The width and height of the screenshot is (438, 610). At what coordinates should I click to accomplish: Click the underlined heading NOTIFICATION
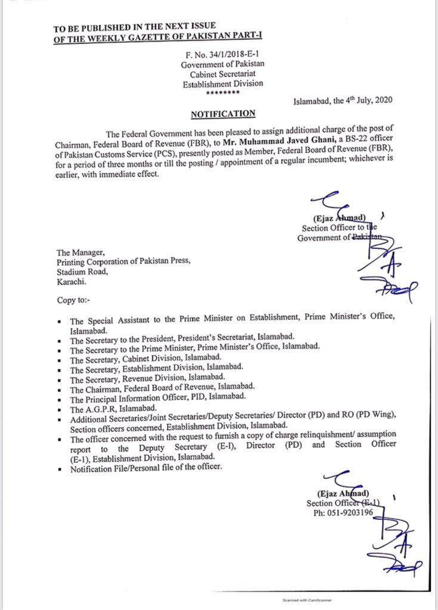click(223, 113)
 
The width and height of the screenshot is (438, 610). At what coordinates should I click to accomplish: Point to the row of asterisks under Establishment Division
click(222, 93)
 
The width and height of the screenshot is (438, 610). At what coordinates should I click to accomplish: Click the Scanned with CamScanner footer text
click(306, 600)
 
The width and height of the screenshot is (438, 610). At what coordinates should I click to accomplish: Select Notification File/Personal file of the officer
click(146, 468)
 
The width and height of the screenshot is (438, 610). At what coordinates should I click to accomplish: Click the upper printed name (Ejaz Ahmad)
click(337, 219)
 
